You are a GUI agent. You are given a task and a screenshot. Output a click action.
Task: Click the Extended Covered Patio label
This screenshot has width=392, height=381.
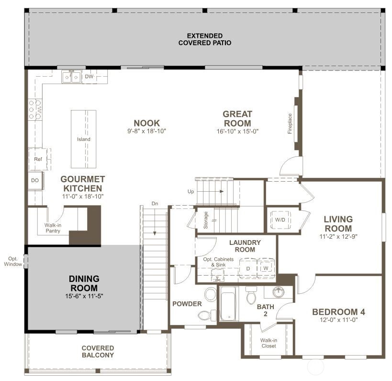tap(205, 39)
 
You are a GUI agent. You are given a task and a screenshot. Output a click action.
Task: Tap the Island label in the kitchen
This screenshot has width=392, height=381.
tap(84, 139)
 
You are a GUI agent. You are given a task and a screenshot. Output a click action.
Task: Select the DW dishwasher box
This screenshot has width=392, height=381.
tap(90, 77)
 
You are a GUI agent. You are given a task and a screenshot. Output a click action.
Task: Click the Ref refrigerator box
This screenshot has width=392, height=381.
tap(38, 159)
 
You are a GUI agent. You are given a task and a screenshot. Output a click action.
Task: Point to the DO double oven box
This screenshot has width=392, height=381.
tap(35, 180)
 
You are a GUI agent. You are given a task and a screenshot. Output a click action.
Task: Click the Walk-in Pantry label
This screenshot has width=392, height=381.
tap(53, 227)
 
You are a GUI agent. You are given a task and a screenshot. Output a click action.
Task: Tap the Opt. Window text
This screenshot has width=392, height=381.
tap(13, 261)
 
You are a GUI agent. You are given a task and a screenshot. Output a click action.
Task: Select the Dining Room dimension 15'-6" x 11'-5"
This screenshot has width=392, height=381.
tap(84, 296)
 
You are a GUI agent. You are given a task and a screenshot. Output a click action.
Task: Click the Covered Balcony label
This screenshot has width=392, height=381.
tap(98, 351)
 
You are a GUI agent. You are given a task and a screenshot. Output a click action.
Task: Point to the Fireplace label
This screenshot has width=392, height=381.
tap(290, 123)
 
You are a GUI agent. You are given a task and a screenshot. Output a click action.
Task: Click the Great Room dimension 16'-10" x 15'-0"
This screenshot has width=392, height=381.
tap(237, 131)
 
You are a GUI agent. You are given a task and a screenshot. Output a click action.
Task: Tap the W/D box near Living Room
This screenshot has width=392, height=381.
tap(280, 220)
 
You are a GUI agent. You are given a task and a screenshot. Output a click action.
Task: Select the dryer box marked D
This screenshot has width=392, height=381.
tap(248, 268)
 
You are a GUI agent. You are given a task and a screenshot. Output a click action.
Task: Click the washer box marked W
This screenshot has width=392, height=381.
tap(266, 268)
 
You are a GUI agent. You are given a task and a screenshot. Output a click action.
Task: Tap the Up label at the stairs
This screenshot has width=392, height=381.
tap(190, 192)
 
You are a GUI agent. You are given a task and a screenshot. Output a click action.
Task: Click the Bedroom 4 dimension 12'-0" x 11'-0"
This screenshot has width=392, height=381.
tap(338, 321)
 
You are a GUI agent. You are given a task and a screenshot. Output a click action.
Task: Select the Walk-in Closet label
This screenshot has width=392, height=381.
tap(269, 343)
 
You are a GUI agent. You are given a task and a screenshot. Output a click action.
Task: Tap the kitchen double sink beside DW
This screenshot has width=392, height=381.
tap(71, 77)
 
